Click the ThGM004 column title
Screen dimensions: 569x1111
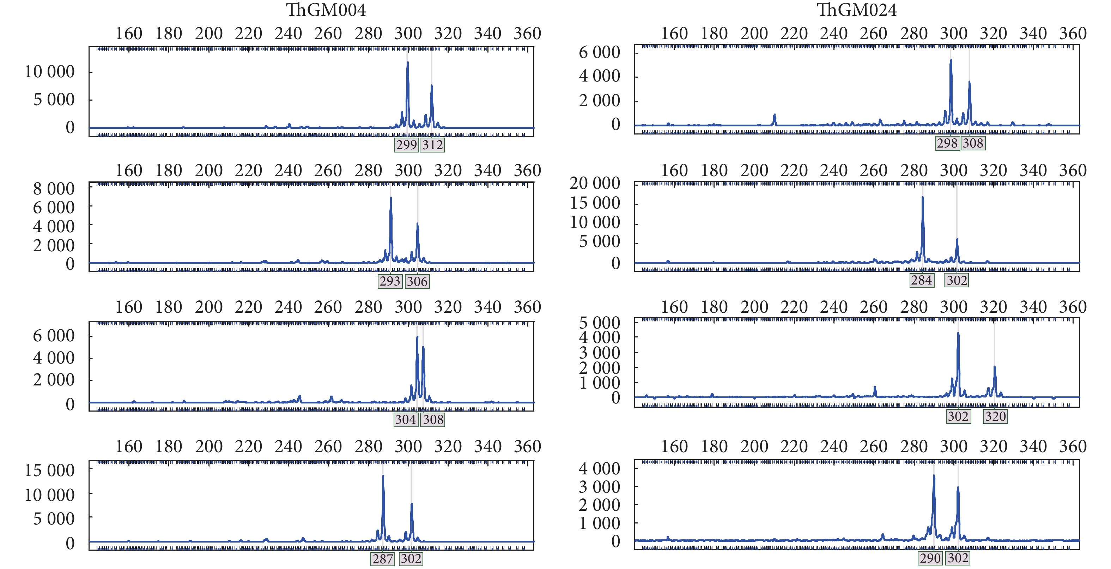pyautogui.click(x=326, y=10)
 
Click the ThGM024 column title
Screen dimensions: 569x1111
pyautogui.click(x=857, y=10)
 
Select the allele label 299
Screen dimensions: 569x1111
pyautogui.click(x=406, y=145)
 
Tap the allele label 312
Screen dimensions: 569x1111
pyautogui.click(x=432, y=145)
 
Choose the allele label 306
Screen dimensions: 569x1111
pyautogui.click(x=417, y=281)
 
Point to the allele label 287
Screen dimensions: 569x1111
pyautogui.click(x=383, y=559)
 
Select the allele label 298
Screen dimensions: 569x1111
pyautogui.click(x=947, y=143)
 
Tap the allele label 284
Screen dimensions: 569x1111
pyautogui.click(x=922, y=280)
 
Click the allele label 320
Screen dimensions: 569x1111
pyautogui.click(x=995, y=416)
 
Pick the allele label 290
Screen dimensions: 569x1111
pyautogui.click(x=930, y=558)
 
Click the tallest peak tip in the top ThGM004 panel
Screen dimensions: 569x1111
pyautogui.click(x=408, y=62)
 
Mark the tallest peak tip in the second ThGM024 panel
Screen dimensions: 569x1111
pyautogui.click(x=923, y=197)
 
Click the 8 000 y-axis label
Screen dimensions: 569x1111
pyautogui.click(x=54, y=188)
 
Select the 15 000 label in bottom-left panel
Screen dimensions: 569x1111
pyautogui.click(x=50, y=470)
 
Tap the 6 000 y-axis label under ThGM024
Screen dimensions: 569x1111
pyautogui.click(x=599, y=52)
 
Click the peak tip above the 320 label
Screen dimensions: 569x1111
pyautogui.click(x=995, y=367)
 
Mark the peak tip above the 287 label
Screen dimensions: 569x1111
pyautogui.click(x=383, y=476)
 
